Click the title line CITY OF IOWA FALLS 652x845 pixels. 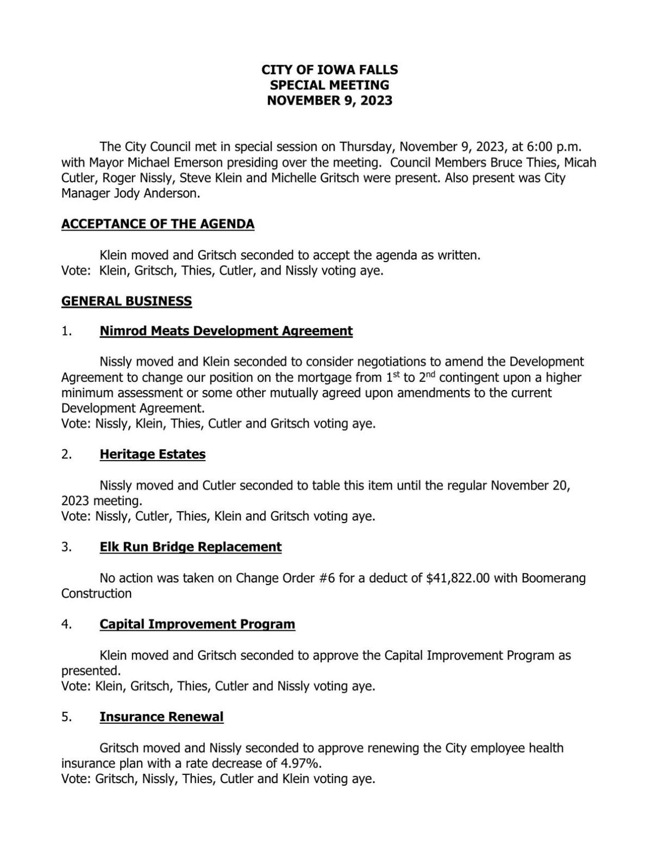coord(329,70)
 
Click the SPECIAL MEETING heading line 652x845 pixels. coord(329,85)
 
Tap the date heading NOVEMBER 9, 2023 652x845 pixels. coord(329,101)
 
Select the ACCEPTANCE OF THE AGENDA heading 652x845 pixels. coord(158,224)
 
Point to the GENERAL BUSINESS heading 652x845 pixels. coord(127,301)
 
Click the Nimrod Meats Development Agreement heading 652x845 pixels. coord(226,331)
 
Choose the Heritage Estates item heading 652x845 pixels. coord(153,455)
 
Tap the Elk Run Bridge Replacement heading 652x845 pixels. coord(191,547)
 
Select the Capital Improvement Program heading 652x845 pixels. coord(197,624)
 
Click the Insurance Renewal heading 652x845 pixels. coord(161,717)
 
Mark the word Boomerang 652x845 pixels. coord(553,578)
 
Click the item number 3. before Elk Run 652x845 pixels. coord(67,547)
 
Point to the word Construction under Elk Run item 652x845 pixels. coord(96,593)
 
